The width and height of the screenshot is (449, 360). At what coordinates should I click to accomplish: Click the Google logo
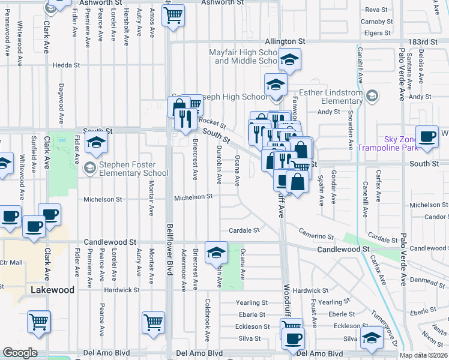click(20, 353)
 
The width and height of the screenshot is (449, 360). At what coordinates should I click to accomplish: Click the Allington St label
click(285, 41)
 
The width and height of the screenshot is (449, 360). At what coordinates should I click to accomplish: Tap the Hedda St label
click(66, 65)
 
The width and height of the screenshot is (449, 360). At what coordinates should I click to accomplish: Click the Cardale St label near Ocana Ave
click(244, 230)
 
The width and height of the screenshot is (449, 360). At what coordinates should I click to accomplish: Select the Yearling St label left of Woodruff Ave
click(252, 303)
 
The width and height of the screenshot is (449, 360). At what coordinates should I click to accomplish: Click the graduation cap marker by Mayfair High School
click(289, 59)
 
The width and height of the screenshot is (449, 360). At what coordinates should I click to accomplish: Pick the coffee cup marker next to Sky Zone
click(428, 136)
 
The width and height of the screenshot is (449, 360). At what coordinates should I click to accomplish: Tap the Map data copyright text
click(424, 355)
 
